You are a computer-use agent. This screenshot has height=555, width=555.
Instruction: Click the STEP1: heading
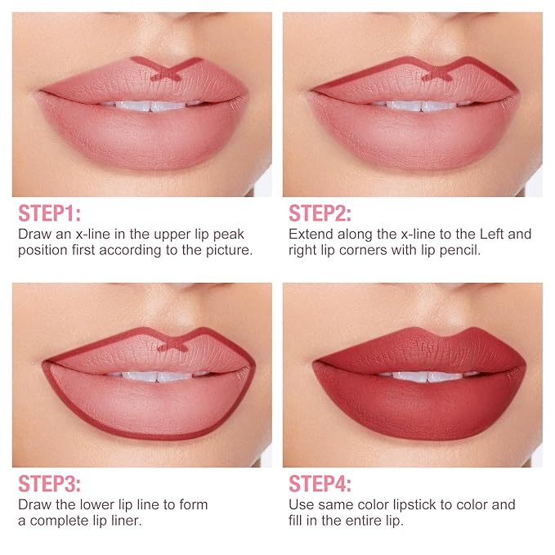[49, 213]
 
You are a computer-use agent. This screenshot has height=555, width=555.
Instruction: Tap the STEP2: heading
[320, 213]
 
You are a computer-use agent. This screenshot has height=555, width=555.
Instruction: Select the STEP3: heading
[49, 484]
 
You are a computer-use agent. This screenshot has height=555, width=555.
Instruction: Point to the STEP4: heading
[320, 484]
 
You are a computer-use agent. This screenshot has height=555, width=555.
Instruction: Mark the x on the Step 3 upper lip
[172, 345]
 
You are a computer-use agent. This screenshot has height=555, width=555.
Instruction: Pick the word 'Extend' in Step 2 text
[311, 235]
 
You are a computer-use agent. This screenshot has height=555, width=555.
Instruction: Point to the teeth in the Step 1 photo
[152, 105]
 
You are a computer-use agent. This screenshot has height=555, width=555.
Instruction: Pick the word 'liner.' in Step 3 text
[125, 521]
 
